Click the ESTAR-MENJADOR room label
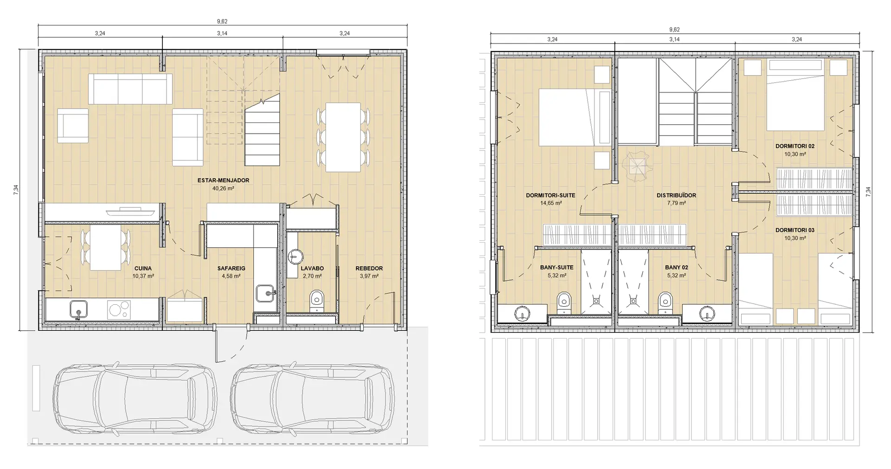click(224, 180)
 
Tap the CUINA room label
click(143, 269)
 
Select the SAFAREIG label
click(231, 269)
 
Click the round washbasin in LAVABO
click(295, 256)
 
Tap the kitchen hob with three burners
click(119, 309)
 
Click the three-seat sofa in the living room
click(130, 89)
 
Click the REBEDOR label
click(369, 269)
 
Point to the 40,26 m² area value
click(224, 188)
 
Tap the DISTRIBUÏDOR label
click(676, 195)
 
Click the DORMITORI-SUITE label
click(550, 195)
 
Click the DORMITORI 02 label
click(795, 146)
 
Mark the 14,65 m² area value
click(551, 203)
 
